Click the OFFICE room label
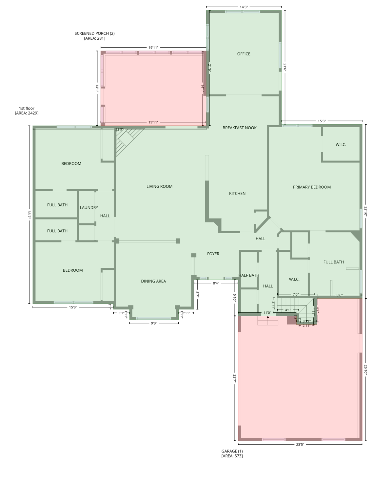click(244, 54)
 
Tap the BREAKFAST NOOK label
click(240, 128)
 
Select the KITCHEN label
click(237, 194)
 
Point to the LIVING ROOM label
click(159, 186)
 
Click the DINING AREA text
click(153, 281)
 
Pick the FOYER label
click(213, 254)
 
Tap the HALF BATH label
click(249, 275)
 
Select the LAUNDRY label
click(89, 207)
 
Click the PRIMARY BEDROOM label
click(312, 187)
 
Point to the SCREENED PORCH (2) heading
click(94, 33)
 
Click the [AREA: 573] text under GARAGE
click(232, 456)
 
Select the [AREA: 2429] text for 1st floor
click(27, 113)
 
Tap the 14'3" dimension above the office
click(244, 7)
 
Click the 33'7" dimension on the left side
click(29, 215)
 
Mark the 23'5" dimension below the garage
click(300, 445)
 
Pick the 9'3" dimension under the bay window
click(154, 323)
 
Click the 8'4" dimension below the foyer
click(216, 283)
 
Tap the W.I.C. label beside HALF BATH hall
click(294, 279)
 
